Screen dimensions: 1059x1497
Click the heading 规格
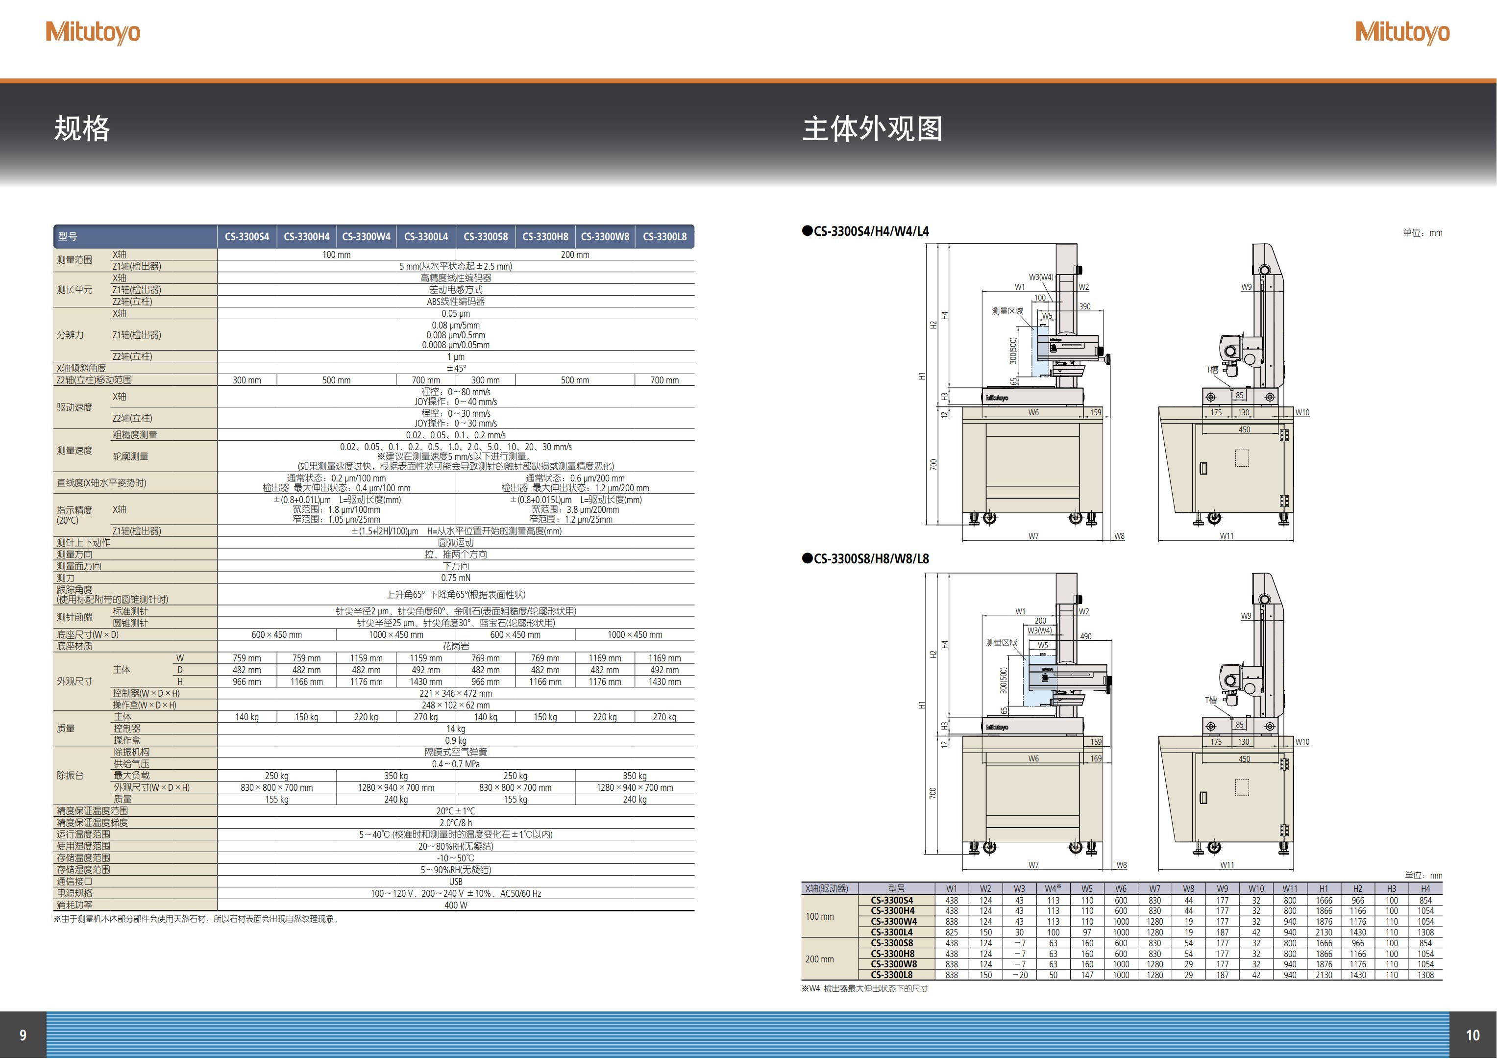pos(82,128)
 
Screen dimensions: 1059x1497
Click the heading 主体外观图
pos(872,128)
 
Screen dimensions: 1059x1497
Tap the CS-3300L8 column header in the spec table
pos(664,237)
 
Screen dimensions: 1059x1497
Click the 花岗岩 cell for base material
pos(455,646)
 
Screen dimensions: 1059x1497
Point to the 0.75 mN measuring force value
pos(455,578)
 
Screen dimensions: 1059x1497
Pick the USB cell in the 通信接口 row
pos(455,882)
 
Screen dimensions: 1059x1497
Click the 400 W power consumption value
pos(455,906)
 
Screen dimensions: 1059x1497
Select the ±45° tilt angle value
pos(455,368)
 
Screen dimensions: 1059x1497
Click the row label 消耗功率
pos(74,905)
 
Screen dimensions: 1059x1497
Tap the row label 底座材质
pos(74,646)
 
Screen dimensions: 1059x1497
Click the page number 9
pos(23,1035)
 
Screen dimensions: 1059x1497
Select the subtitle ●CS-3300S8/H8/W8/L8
pos(865,558)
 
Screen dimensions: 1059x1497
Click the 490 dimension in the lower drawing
pos(1085,636)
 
